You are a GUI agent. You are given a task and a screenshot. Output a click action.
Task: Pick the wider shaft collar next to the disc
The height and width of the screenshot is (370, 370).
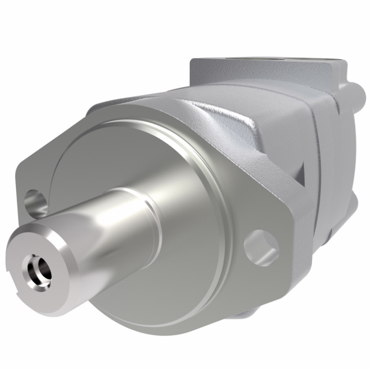(132, 222)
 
